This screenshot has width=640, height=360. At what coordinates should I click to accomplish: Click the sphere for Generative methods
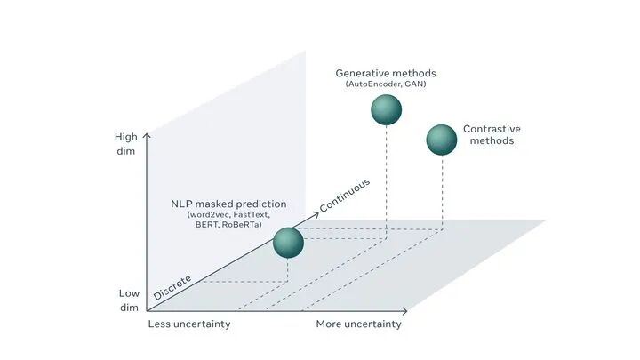[386, 109]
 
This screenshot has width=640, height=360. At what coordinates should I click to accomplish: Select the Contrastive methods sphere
[442, 139]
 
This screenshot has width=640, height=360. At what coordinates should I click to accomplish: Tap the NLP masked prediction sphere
[288, 243]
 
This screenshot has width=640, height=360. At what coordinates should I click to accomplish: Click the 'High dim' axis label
[126, 144]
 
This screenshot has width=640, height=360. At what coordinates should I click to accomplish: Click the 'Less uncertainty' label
[188, 324]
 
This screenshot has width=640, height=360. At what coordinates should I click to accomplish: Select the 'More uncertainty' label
[358, 324]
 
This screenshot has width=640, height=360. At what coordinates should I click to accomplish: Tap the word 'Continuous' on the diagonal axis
[344, 196]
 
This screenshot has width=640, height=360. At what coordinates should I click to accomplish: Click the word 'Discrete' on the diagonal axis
[172, 287]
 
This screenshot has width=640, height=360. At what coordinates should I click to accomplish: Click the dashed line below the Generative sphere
[386, 178]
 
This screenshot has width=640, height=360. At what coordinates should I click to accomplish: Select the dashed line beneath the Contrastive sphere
[442, 191]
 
